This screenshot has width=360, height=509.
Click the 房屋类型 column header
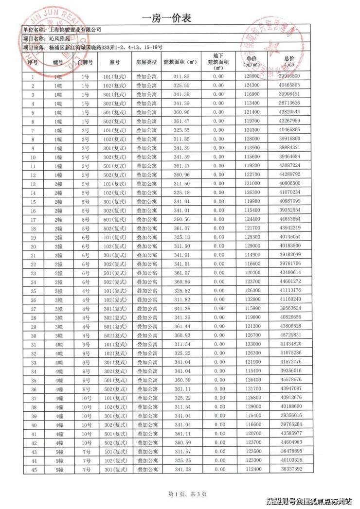(x=146, y=63)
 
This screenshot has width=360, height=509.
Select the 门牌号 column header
(x=85, y=63)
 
